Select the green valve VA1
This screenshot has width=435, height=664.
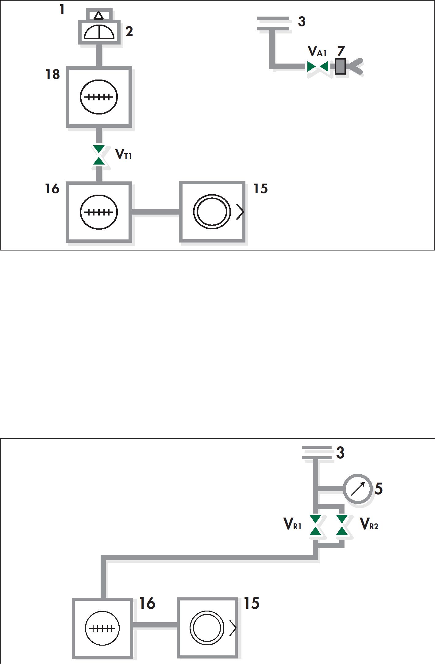(x=318, y=66)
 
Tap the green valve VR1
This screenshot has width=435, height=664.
(x=315, y=525)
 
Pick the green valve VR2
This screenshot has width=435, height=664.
(x=342, y=525)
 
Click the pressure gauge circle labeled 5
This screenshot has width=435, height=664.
(x=358, y=489)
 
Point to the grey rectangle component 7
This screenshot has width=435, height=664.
(x=340, y=66)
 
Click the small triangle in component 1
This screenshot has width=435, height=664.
(x=98, y=15)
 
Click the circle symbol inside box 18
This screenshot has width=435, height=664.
(x=99, y=97)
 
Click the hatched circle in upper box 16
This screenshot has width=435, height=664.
(x=99, y=212)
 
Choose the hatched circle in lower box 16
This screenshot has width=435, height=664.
(x=102, y=628)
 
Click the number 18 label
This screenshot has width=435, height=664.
(x=53, y=74)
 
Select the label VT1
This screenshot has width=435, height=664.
(x=124, y=154)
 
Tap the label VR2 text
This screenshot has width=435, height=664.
(x=369, y=524)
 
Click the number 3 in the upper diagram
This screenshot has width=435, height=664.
(x=302, y=21)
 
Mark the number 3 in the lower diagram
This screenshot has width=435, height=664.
(x=340, y=453)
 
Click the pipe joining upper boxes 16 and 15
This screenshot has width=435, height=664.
(x=156, y=212)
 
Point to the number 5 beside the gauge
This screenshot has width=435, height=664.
(x=379, y=488)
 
